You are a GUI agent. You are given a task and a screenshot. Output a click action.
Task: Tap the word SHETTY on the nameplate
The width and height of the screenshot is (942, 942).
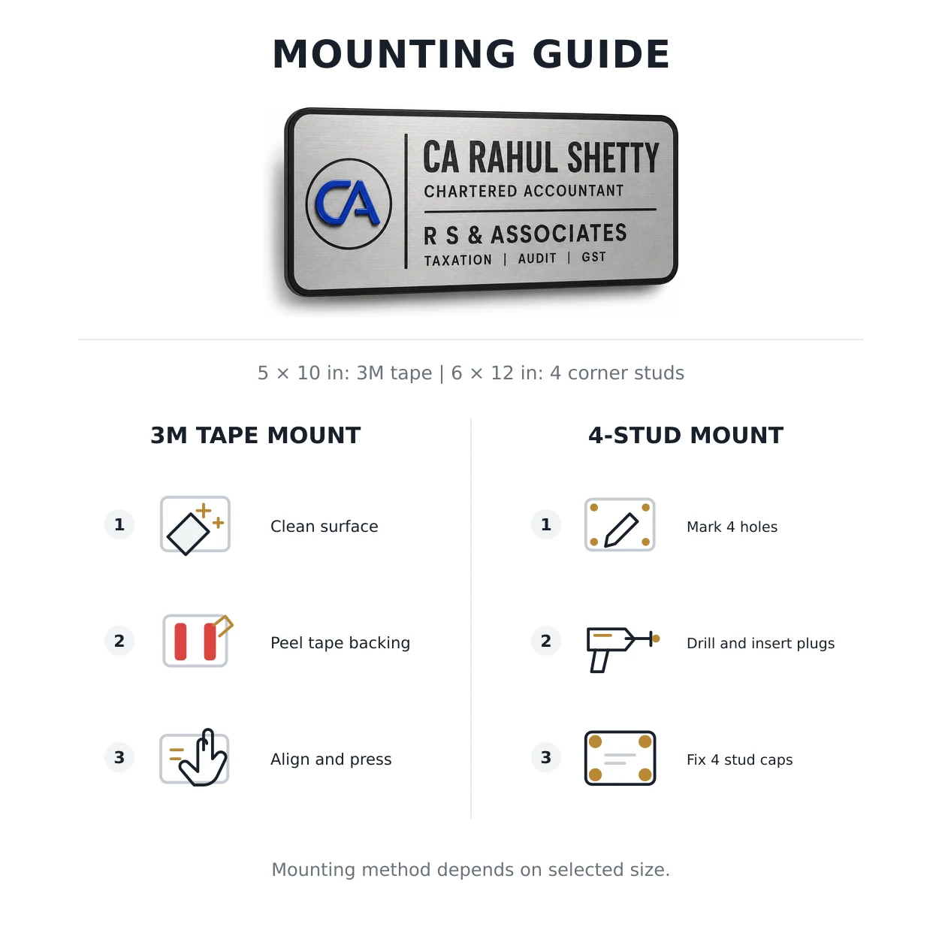pos(613,158)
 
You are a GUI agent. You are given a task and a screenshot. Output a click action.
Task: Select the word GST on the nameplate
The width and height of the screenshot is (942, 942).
pos(594,257)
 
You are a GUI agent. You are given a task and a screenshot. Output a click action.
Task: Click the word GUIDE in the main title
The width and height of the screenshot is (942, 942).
pos(601,54)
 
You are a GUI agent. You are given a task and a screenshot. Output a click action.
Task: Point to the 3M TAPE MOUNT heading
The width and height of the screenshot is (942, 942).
pos(255,435)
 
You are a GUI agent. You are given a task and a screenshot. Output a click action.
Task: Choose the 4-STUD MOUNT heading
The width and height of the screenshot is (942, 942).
pos(686,435)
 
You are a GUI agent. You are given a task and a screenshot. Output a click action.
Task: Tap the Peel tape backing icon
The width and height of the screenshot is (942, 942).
pos(197,641)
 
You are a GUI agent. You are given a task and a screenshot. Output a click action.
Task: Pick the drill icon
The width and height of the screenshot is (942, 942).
pos(622,650)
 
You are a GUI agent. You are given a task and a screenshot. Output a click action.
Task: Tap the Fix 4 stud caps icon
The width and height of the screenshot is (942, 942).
pos(620,758)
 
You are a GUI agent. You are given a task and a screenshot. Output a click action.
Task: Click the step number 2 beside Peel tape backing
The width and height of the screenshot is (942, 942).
pos(119,641)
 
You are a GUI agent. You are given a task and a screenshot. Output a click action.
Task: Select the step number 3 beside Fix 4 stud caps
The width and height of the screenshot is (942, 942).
pos(546,757)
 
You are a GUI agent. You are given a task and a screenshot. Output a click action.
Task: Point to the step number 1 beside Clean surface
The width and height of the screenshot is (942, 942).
pos(119,524)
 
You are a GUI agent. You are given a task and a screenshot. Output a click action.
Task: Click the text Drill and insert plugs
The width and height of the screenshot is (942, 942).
pos(761,643)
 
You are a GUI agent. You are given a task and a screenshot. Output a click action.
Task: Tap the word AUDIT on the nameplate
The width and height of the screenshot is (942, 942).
pos(537,258)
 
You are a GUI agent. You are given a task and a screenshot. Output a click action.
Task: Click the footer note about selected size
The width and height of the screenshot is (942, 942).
pos(471,870)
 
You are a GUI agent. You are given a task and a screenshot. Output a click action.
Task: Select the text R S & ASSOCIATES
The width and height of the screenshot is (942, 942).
pos(525,234)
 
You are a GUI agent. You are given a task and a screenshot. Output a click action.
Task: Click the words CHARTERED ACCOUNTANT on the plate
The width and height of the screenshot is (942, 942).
pos(524,191)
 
